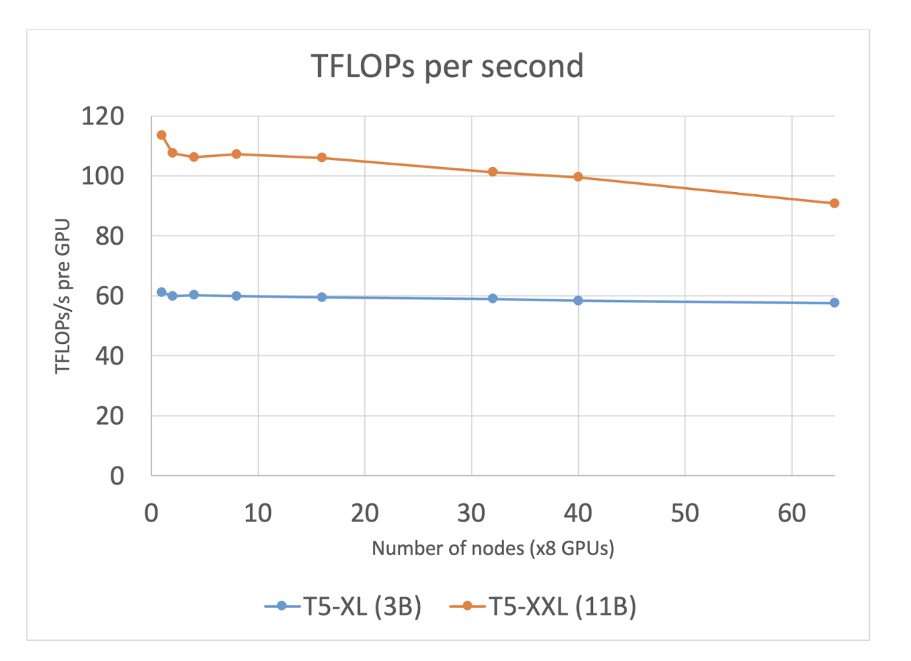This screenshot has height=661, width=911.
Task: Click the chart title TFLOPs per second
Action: pos(447,66)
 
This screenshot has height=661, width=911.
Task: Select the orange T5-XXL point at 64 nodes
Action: pos(834,203)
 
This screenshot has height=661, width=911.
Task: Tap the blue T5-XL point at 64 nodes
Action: pos(834,303)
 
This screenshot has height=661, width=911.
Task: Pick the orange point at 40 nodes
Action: pos(578,177)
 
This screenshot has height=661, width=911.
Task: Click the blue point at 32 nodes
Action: pos(493,299)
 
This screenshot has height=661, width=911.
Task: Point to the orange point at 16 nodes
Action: pos(322,158)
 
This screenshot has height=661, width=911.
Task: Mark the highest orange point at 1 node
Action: pos(162,135)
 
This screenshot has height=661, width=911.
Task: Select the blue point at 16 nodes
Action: pos(322,297)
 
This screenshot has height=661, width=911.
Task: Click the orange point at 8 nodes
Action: pos(236,154)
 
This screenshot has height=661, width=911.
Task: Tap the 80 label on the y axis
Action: pos(109,236)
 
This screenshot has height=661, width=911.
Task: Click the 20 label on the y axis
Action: pos(109,416)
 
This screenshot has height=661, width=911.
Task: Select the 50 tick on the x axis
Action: pos(685,514)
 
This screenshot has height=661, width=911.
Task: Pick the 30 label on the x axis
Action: pos(471,514)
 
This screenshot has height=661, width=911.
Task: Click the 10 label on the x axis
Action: pos(257,514)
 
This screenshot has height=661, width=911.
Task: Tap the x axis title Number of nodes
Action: pos(493,548)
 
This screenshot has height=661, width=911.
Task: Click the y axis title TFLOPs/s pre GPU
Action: pos(63,297)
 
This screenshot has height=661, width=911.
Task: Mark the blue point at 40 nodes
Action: pos(578,301)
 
